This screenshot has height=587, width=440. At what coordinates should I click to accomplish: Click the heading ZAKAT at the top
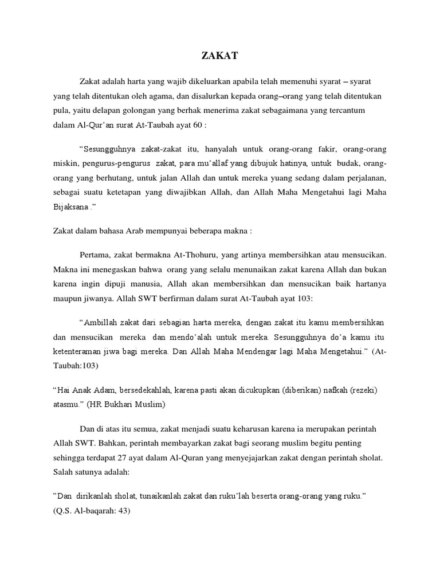220,56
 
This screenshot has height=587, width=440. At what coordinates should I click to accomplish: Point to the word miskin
65,164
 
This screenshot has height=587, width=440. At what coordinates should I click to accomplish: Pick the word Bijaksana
70,209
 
